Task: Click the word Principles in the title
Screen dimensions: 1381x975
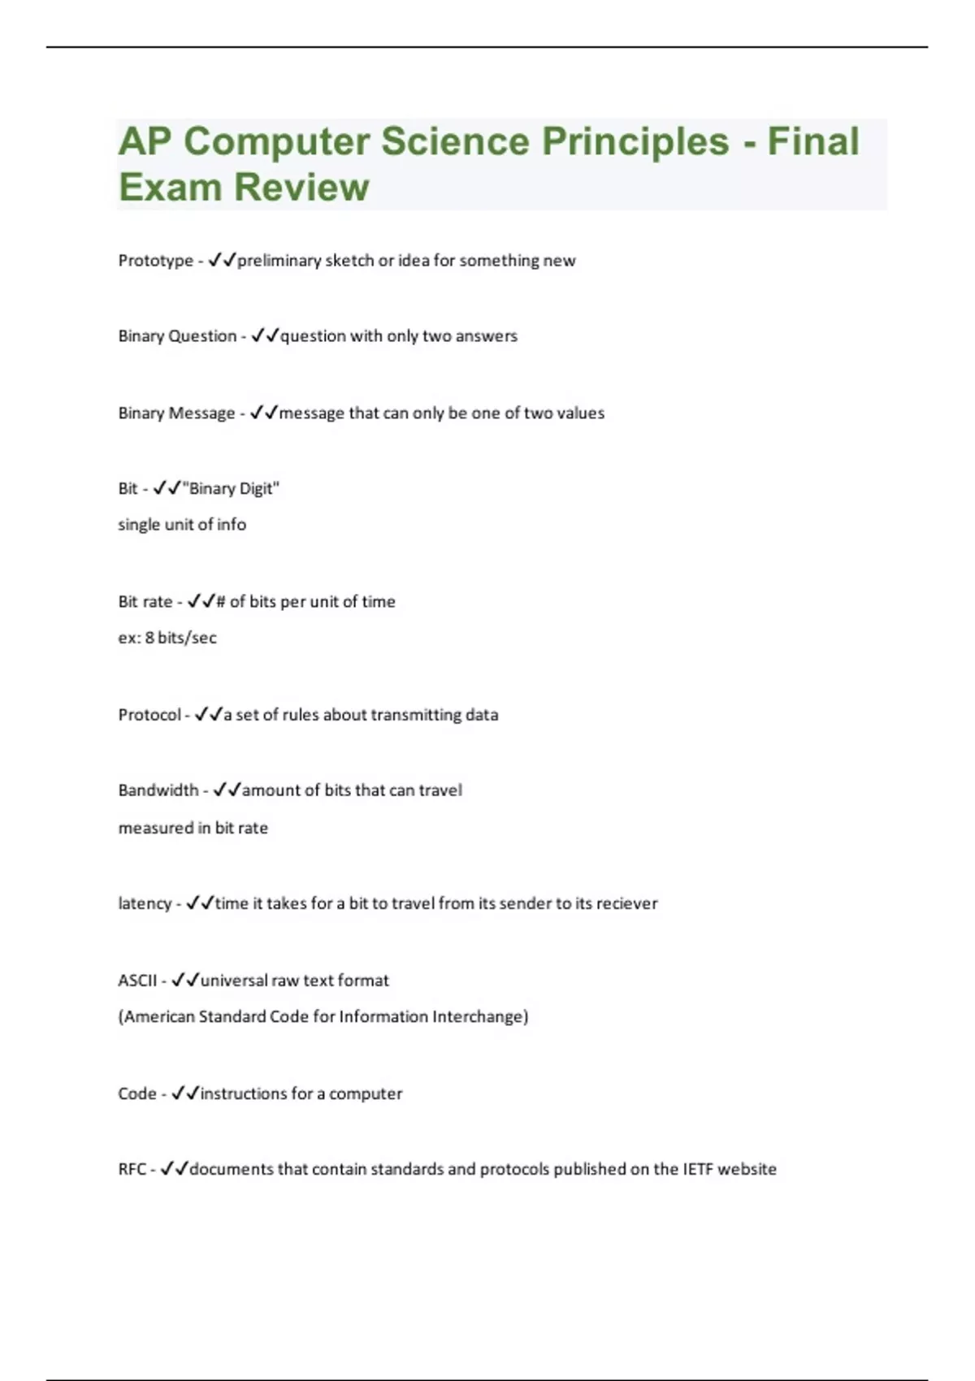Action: click(635, 141)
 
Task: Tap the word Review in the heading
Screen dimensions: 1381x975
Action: click(301, 188)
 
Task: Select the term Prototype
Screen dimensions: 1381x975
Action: click(155, 261)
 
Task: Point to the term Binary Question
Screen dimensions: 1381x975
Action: click(177, 336)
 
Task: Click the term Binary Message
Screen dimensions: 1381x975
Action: click(176, 413)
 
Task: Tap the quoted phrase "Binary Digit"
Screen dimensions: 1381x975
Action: click(232, 489)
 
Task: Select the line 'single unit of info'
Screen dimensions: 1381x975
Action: click(182, 525)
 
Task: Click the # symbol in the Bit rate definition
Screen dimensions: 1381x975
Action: click(221, 602)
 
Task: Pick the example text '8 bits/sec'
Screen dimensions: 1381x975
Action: click(180, 638)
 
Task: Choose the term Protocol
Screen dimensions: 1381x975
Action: click(149, 715)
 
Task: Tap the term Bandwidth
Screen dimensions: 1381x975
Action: click(158, 790)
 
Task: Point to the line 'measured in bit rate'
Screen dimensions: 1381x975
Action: click(193, 828)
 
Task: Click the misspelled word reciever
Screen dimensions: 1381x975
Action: click(626, 903)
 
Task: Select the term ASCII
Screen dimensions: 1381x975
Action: click(137, 981)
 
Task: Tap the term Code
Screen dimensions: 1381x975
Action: click(136, 1094)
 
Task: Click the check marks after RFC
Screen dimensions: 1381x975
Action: click(174, 1170)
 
